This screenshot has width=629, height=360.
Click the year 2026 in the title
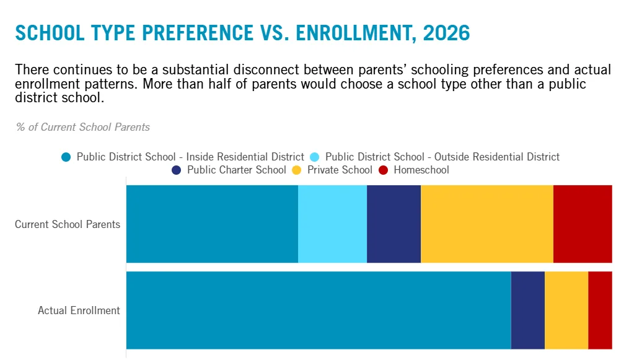(446, 33)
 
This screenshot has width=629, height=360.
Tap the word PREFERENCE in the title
(198, 33)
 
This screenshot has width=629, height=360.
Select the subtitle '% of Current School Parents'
(82, 127)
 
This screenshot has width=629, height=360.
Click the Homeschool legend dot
(384, 170)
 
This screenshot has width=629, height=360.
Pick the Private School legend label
(340, 170)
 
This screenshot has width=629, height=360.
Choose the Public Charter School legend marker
(177, 170)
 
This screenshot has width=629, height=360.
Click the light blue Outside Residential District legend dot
(315, 157)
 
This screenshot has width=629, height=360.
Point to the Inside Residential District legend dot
(66, 157)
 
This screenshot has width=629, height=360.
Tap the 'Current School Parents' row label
(68, 224)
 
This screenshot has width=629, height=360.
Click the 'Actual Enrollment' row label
(79, 310)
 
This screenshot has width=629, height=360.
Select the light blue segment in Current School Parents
(333, 224)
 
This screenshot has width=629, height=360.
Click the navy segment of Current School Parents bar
(394, 224)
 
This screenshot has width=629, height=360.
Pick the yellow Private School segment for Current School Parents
(487, 224)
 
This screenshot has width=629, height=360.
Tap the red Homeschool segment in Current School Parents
(583, 224)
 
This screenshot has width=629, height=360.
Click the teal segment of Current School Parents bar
(212, 224)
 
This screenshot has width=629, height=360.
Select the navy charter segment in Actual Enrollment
(528, 310)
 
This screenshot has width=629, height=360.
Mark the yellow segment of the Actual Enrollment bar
(566, 310)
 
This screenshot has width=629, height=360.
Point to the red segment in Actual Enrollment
(600, 310)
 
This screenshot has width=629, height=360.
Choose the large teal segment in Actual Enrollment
(319, 310)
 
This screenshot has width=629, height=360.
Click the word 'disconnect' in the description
(266, 70)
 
